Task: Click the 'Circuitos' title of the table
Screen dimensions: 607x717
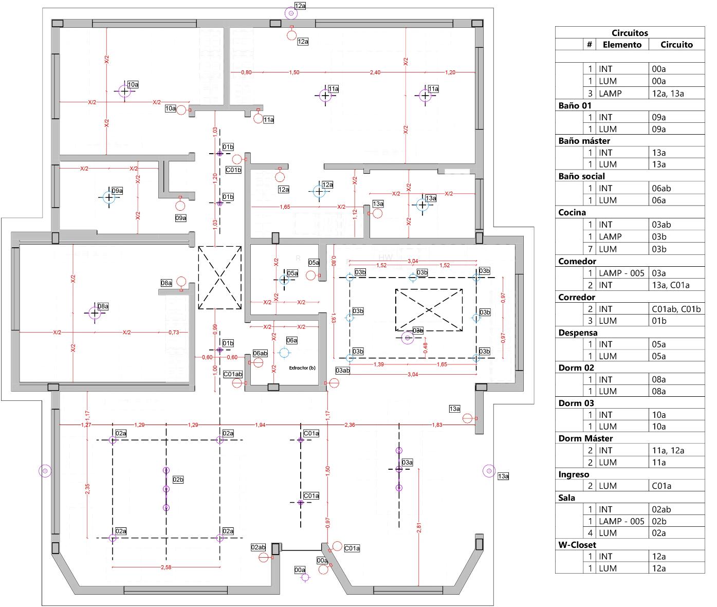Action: tap(630, 33)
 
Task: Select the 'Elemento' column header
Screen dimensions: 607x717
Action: tap(622, 45)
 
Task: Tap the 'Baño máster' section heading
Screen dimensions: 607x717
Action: tap(584, 141)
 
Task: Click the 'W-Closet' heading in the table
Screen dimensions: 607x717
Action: tap(577, 545)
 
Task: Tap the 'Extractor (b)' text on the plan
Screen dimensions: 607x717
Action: tap(302, 368)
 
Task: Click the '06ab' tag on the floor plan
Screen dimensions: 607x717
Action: tap(260, 353)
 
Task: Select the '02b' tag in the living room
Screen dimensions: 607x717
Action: tap(178, 480)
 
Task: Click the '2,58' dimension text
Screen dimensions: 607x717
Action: tap(166, 567)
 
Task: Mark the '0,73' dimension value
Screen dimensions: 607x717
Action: tap(174, 333)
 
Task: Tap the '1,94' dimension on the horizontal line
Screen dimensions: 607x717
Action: tap(260, 425)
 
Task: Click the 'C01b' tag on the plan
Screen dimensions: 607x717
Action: tap(233, 170)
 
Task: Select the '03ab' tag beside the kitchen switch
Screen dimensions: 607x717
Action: tap(342, 370)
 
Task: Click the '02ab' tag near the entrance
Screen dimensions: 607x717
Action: tap(258, 547)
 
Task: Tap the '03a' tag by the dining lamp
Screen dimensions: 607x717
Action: tap(407, 462)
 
